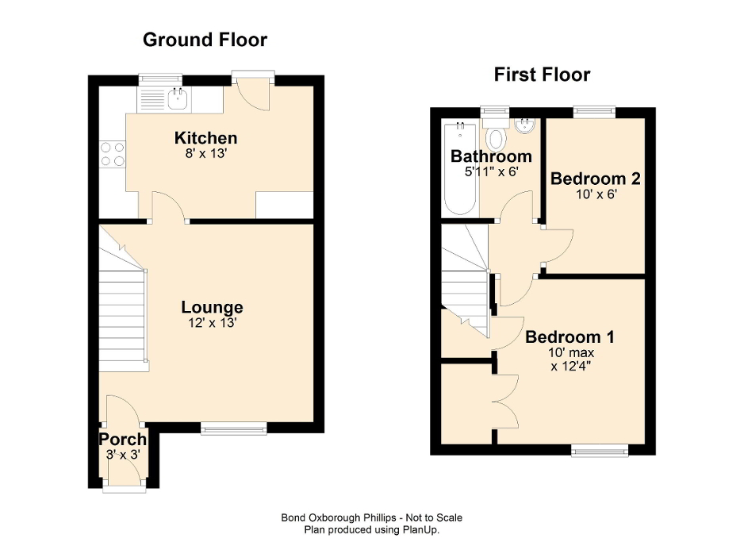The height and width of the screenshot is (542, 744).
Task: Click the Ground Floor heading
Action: (x=205, y=40)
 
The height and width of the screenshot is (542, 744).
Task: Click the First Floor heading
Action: (x=542, y=75)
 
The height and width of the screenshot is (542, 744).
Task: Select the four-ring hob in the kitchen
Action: (x=112, y=153)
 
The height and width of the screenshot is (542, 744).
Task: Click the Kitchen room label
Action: (x=205, y=138)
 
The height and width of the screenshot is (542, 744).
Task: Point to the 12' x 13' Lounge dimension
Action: (x=212, y=323)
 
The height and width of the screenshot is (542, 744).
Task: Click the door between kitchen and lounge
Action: (x=169, y=208)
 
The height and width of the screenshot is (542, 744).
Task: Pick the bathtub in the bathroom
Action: (x=459, y=169)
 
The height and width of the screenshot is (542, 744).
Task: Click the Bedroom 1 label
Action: (x=569, y=336)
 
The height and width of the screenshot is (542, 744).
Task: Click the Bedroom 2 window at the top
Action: (x=594, y=112)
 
